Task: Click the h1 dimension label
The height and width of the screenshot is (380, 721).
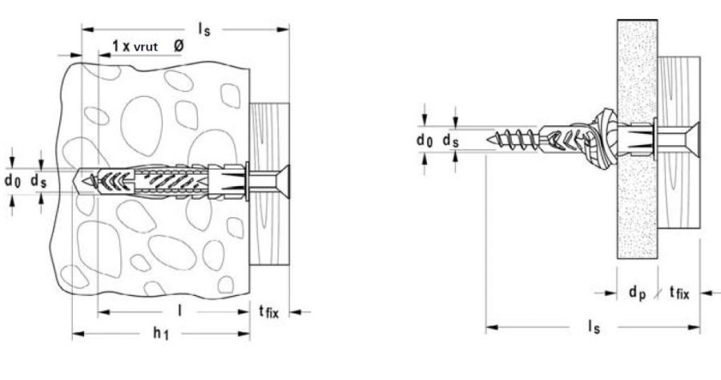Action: (161, 333)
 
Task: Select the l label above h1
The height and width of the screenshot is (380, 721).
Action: (179, 311)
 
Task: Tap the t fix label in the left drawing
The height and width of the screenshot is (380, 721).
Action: (268, 312)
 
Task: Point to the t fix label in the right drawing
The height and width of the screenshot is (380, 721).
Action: (679, 292)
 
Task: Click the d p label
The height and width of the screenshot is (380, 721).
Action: (638, 292)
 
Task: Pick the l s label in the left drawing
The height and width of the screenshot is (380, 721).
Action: (204, 29)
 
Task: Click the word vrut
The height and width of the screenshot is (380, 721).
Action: (146, 46)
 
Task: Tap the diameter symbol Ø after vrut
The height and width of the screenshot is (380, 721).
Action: (179, 46)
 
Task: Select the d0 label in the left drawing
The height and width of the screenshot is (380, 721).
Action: (13, 180)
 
